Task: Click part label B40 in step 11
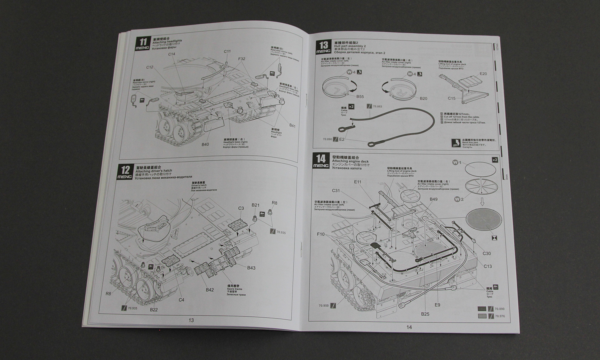206,144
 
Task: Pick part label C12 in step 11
150,67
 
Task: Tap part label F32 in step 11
242,59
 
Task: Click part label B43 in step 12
251,268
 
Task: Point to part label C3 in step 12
241,208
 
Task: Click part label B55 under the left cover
360,96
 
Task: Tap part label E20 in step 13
483,74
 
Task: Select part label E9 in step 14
437,305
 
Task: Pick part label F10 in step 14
320,234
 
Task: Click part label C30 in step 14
487,253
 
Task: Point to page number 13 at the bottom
191,320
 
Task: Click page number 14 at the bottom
408,327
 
